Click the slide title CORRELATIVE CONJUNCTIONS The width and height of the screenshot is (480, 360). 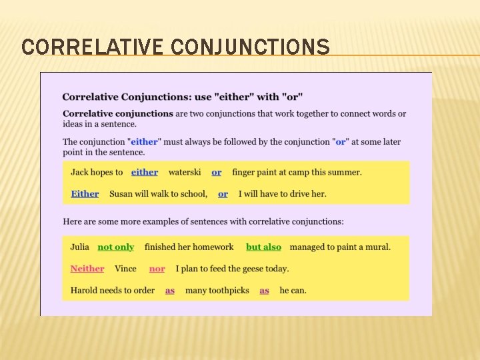(175, 47)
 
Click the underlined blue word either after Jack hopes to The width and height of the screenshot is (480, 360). (145, 172)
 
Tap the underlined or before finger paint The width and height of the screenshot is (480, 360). (217, 172)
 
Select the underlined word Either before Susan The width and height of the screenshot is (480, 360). (85, 194)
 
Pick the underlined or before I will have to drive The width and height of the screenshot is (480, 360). (223, 194)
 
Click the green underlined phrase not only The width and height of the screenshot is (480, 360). (115, 247)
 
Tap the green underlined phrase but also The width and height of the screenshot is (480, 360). (263, 247)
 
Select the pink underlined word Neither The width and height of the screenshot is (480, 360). (87, 269)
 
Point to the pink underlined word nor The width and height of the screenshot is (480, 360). (157, 269)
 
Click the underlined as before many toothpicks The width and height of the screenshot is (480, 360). (170, 291)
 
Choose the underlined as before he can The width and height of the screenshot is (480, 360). (264, 291)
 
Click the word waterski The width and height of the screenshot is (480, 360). (185, 172)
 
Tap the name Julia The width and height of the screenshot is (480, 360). (80, 247)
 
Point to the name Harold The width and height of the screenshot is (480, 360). (85, 291)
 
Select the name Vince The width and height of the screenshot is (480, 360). (125, 269)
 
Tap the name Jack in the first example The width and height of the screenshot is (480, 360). (79, 172)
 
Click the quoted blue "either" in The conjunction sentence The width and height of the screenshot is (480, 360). (144, 141)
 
